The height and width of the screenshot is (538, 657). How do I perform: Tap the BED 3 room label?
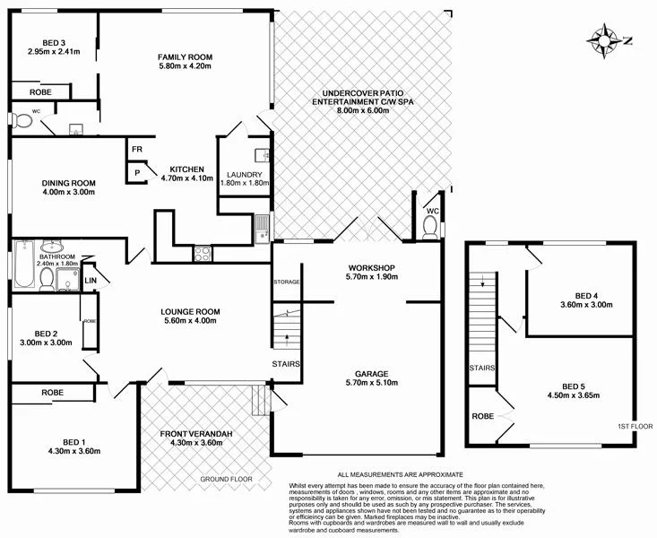(x=54, y=40)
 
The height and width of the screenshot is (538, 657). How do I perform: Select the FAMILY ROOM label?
(x=185, y=56)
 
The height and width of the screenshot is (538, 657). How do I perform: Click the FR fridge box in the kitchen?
(x=137, y=150)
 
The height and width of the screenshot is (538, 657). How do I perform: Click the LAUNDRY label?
(x=244, y=175)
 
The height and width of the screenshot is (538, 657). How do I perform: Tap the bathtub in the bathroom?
(x=23, y=265)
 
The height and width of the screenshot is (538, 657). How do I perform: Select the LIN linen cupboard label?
(x=90, y=282)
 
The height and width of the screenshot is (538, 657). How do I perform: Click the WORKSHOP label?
(x=372, y=268)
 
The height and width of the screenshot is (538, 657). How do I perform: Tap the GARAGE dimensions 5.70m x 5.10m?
(x=372, y=380)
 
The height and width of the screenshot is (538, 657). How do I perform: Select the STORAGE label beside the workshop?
(x=286, y=282)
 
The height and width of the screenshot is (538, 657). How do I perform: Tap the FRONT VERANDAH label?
(x=196, y=434)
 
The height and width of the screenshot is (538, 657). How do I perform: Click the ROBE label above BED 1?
(x=52, y=393)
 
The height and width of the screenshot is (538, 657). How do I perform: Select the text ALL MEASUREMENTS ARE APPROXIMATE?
(x=400, y=473)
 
